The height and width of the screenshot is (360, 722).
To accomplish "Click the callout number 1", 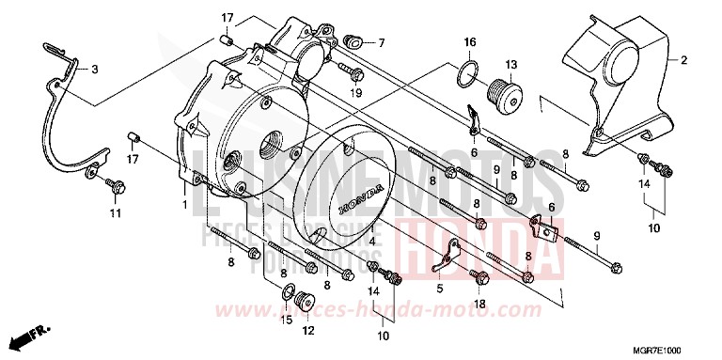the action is tap(185, 205).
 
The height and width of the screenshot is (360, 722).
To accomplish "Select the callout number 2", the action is tap(683, 61).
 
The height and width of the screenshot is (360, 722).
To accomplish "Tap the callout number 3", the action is tap(93, 69).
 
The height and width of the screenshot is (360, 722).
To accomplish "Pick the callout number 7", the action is tap(382, 42).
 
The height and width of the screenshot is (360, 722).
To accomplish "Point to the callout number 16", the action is tap(470, 42).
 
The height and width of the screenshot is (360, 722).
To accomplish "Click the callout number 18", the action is tap(479, 305).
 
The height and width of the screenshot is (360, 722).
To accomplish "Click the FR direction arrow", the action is tap(26, 335).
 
